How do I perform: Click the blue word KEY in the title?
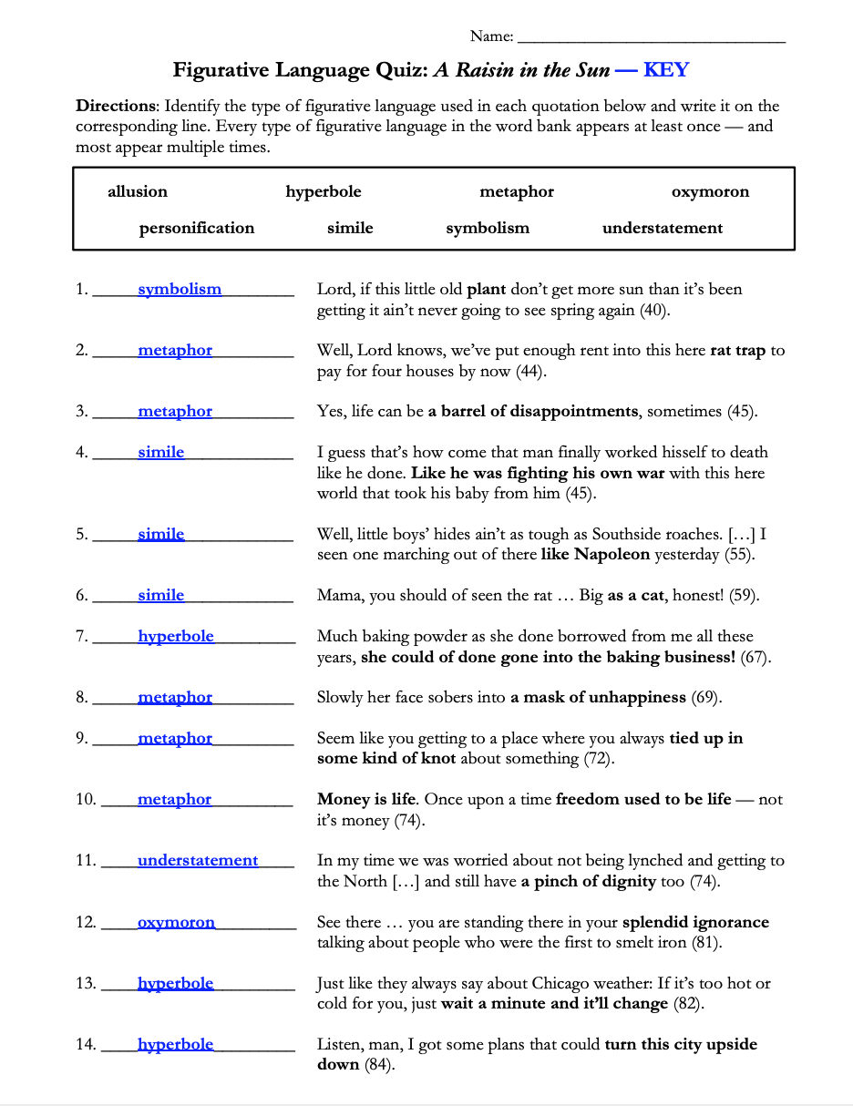pos(665,70)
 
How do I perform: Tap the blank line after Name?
pos(651,38)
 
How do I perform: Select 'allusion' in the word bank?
pos(138,191)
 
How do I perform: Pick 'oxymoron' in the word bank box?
pos(710,191)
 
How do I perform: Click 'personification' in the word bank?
pos(197,228)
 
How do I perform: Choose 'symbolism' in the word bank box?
pos(488,228)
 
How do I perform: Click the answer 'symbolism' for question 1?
pos(180,290)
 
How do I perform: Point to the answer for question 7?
pos(176,637)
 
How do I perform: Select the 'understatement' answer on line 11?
pos(198,861)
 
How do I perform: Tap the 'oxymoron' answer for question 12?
pos(176,923)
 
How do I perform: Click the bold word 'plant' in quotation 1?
pos(486,290)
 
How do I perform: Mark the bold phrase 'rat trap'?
pos(738,351)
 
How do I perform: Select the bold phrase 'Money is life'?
pos(366,800)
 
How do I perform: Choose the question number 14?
pos(86,1045)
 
